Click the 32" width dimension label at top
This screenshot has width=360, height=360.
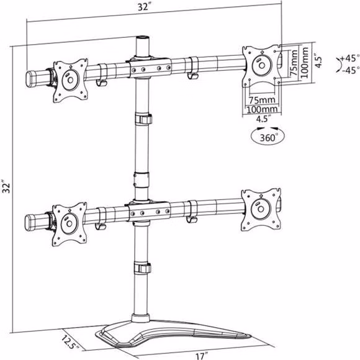144,7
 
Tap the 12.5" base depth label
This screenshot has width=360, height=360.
70,343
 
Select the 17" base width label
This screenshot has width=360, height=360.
202,356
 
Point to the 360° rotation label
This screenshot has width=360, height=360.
268,138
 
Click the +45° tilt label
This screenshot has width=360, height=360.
349,58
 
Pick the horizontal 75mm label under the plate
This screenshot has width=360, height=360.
262,100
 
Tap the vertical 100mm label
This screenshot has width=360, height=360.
304,63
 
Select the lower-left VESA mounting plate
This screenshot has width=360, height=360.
70,224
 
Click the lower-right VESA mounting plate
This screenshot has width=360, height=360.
261,209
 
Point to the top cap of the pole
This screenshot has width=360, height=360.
143,38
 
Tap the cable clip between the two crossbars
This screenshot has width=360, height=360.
143,119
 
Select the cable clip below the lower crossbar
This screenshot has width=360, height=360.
143,268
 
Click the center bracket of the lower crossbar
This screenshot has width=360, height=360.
149,212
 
